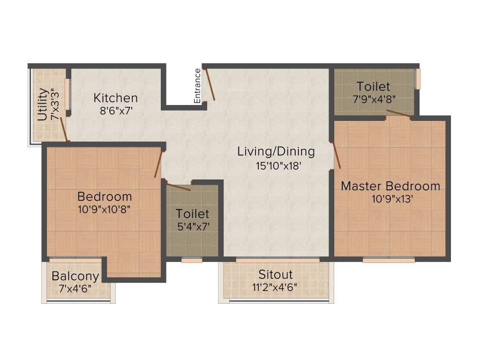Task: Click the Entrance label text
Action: click(197, 86)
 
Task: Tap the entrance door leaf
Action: click(210, 84)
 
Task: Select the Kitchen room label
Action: click(116, 98)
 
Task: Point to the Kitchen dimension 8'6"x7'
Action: click(116, 112)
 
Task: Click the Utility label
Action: click(42, 104)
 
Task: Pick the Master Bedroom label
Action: click(390, 186)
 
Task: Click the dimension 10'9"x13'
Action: click(392, 199)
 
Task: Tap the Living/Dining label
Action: click(276, 151)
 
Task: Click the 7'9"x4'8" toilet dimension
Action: click(373, 99)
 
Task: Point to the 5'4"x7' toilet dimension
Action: click(192, 226)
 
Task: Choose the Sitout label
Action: click(276, 274)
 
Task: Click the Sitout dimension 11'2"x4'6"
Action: click(276, 286)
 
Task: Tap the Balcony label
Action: click(75, 276)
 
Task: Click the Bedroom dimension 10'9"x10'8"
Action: click(105, 209)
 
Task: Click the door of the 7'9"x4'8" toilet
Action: click(398, 114)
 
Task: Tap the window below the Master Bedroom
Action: click(389, 260)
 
